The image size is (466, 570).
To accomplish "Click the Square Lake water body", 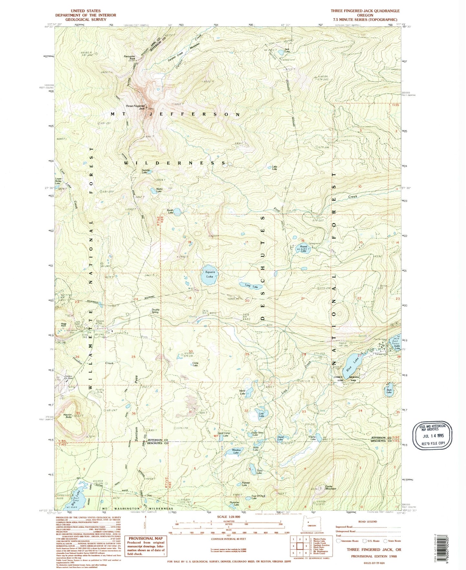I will click(x=209, y=275).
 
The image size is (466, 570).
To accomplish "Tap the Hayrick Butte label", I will click(x=67, y=416).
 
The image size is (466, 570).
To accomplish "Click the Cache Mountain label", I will click(x=330, y=488).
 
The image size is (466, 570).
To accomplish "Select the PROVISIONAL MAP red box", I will click(x=146, y=545).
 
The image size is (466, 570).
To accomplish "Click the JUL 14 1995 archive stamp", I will click(x=432, y=435).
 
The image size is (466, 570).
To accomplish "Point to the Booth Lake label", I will click(x=170, y=212).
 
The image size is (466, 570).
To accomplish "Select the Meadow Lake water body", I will click(x=233, y=452).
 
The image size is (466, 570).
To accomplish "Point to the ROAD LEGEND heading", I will click(x=368, y=522).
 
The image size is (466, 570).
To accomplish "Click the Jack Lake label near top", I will click(x=287, y=50).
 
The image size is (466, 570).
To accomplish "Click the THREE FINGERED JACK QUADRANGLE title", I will click(x=365, y=11).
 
